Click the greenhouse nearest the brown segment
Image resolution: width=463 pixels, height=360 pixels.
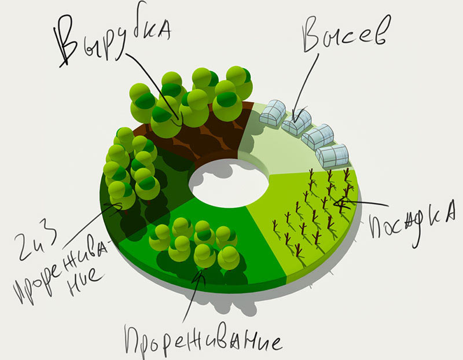273,112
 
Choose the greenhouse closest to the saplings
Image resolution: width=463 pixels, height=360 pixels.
333,155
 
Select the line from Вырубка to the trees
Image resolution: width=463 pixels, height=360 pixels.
148,75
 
